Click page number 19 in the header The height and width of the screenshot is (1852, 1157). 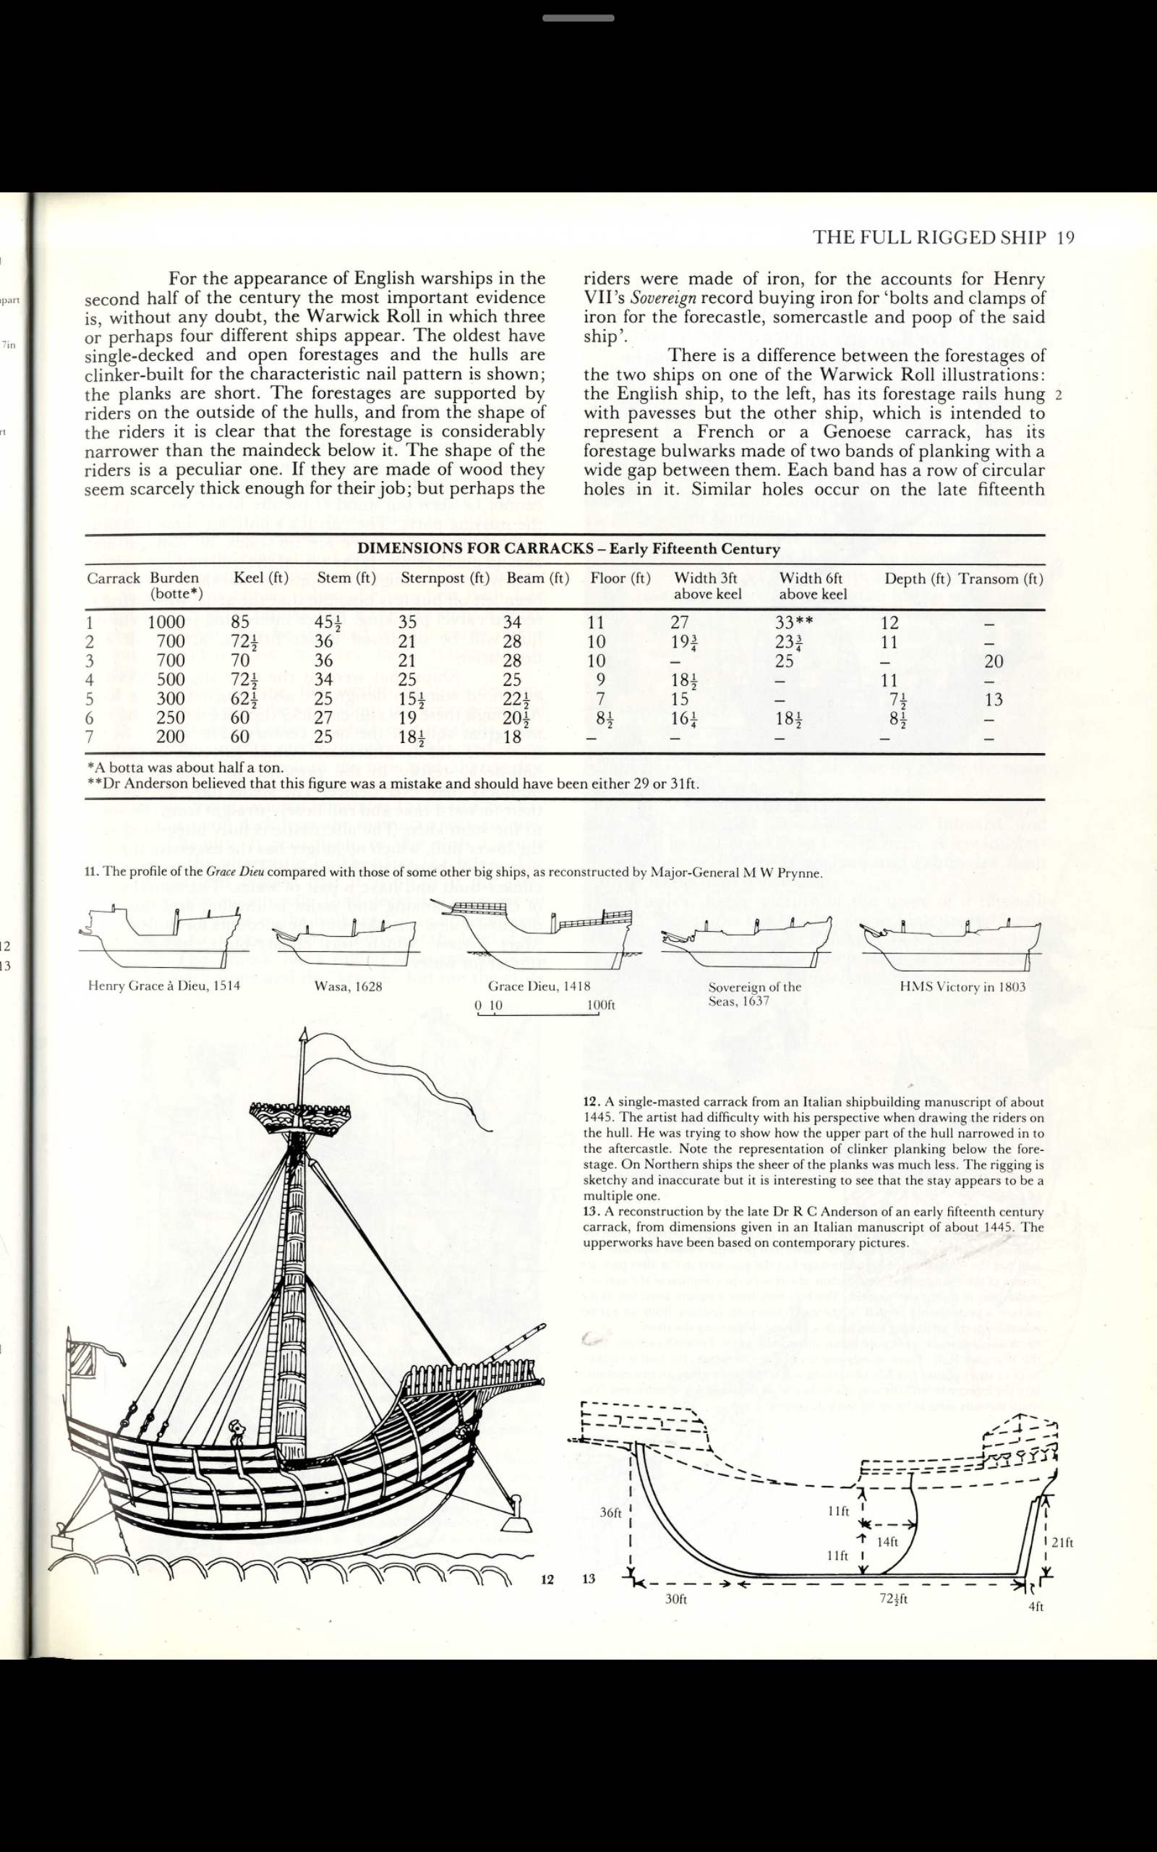pyautogui.click(x=1065, y=237)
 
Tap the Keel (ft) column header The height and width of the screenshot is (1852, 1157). pyautogui.click(x=261, y=578)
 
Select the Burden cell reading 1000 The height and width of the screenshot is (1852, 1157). pyautogui.click(x=166, y=622)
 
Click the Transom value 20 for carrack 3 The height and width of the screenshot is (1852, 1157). pyautogui.click(x=994, y=660)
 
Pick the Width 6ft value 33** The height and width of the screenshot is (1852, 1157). pyautogui.click(x=793, y=622)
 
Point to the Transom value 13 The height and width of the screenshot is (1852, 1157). pyautogui.click(x=994, y=699)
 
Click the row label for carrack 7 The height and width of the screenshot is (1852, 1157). pyautogui.click(x=90, y=737)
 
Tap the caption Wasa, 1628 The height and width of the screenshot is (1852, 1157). pyautogui.click(x=347, y=987)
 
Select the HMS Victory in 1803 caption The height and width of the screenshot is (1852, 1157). pyautogui.click(x=962, y=987)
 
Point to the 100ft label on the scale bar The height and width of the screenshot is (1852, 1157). pyautogui.click(x=601, y=1005)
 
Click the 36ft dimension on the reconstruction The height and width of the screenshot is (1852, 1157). pyautogui.click(x=610, y=1512)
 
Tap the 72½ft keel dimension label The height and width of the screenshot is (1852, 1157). pyautogui.click(x=893, y=1599)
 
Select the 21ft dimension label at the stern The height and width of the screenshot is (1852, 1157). pyautogui.click(x=1062, y=1542)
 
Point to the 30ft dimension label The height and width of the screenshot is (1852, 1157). pyautogui.click(x=675, y=1599)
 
